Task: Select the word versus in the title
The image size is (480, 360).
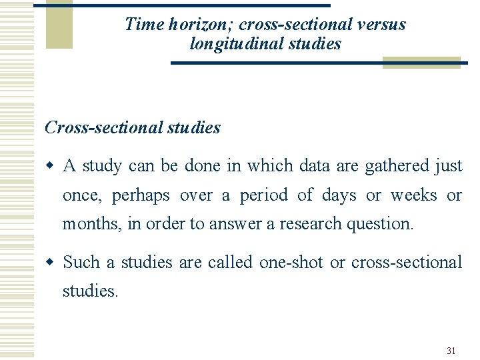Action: click(x=382, y=25)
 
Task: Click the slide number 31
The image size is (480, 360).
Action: click(x=451, y=351)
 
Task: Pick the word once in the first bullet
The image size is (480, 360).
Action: click(x=81, y=195)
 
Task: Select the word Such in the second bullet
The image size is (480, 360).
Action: click(x=81, y=262)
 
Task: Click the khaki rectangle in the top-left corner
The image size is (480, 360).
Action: click(x=59, y=24)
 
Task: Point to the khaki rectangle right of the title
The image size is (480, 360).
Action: click(x=421, y=63)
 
